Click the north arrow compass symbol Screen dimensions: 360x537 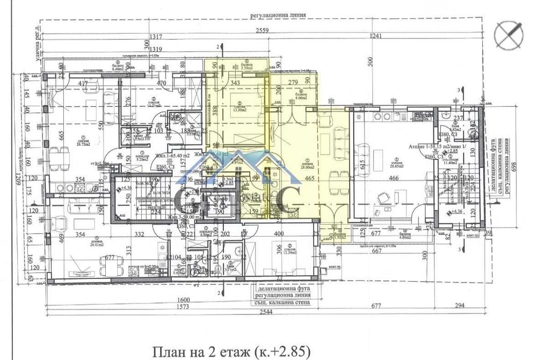pyautogui.click(x=509, y=35)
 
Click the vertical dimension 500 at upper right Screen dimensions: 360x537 pyautogui.click(x=368, y=63)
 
